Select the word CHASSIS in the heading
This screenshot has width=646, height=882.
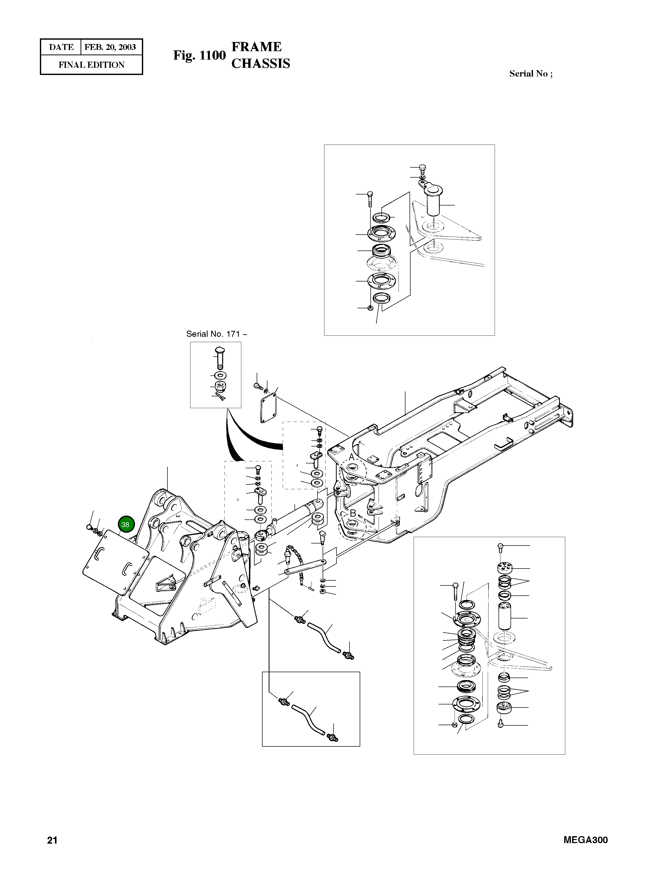(x=260, y=63)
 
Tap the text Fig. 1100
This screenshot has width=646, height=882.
(x=199, y=56)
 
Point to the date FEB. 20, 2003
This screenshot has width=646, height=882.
(x=110, y=47)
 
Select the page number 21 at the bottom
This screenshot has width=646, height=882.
(x=52, y=840)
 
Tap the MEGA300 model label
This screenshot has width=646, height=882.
(x=585, y=840)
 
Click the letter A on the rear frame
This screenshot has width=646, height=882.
(x=351, y=457)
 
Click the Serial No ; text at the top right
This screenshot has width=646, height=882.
(x=531, y=74)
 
